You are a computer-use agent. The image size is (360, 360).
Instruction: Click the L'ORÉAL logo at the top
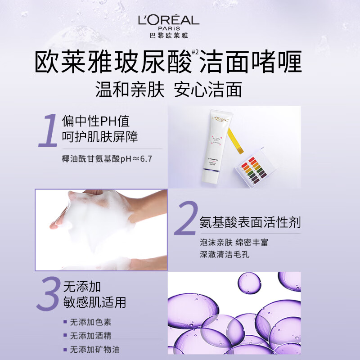(x=169, y=21)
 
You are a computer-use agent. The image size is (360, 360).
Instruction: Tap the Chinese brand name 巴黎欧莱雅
(x=169, y=34)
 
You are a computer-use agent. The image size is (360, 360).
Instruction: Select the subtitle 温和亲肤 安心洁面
(x=169, y=89)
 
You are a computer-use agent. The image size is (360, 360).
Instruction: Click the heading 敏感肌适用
(x=94, y=301)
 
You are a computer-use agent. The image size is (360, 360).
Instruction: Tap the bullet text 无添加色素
(x=90, y=322)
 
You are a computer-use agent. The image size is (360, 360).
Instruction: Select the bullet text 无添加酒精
(x=90, y=336)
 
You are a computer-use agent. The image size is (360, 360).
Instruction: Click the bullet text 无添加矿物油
(x=95, y=349)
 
